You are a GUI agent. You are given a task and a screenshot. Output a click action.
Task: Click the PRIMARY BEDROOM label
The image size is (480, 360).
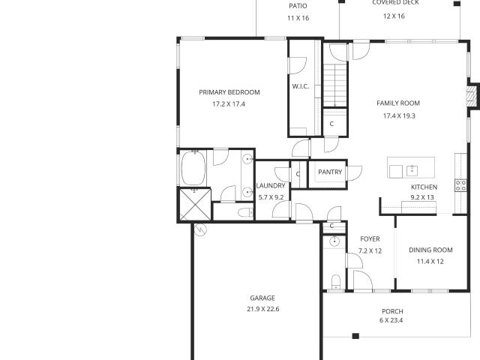coord(229,92)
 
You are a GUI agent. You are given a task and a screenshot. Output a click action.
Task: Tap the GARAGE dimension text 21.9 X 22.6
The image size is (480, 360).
coord(263,309)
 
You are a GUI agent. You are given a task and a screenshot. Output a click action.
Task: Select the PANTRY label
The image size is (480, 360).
coord(330,172)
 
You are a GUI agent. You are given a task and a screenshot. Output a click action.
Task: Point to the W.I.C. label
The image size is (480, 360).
coord(301,86)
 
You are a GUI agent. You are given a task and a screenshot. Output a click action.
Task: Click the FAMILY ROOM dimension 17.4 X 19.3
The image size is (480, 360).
coord(399,116)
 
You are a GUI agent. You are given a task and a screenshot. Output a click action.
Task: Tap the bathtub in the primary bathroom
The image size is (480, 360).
coord(193,168)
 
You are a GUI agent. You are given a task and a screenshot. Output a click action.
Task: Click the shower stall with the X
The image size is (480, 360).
coord(195,205)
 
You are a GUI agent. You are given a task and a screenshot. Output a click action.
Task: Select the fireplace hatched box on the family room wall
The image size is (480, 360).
coord(472,96)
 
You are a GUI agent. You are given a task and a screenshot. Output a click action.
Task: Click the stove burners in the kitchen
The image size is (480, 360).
coord(461,185)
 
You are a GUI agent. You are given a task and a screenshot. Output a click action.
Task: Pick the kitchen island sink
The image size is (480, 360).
coord(412,170)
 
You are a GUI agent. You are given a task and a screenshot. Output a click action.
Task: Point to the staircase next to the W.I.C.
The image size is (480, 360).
coord(335,85)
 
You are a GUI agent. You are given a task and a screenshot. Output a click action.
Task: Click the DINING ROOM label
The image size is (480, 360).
coord(430,250)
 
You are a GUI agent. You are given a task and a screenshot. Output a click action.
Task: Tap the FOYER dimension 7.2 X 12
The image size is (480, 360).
coord(370,251)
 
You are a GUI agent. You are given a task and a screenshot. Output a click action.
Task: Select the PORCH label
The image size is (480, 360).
coord(392,312)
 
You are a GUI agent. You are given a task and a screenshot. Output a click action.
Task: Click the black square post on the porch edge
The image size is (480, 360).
coord(355,336)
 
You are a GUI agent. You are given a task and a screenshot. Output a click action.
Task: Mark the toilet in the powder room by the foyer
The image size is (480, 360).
coord(336,282)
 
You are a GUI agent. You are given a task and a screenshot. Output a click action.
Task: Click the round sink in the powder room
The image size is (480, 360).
coord(334,241)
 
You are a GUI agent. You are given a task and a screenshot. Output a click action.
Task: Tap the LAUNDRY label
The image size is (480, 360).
coord(271,186)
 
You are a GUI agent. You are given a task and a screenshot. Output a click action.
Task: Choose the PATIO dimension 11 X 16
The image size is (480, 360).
coord(298,18)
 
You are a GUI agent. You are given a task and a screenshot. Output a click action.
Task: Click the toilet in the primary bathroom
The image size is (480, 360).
coord(246,212)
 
